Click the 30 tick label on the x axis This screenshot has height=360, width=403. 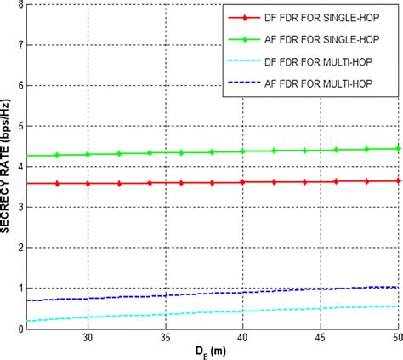click(88, 338)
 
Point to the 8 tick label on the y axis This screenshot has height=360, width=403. click(20, 4)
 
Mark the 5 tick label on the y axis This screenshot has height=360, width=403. click(20, 126)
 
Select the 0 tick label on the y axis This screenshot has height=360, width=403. click(20, 329)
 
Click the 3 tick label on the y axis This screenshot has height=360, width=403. click(20, 207)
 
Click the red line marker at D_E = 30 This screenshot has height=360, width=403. click(88, 183)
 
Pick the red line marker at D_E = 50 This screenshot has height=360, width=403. click(398, 180)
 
